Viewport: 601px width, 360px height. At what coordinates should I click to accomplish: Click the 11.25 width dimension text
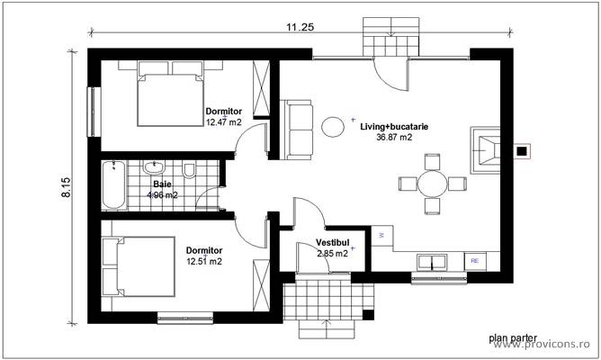(300, 27)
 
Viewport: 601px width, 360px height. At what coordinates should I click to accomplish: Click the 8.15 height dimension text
(67, 186)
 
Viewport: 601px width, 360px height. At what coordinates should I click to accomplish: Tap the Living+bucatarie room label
(394, 127)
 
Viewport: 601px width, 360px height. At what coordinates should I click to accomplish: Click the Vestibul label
(331, 243)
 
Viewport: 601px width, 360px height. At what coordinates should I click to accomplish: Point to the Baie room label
(162, 183)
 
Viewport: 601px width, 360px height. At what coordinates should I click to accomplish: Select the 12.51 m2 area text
(203, 261)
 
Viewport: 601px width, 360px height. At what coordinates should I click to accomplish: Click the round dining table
(433, 184)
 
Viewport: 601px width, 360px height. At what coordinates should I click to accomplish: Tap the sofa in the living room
(298, 130)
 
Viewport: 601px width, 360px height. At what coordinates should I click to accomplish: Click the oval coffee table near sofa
(333, 126)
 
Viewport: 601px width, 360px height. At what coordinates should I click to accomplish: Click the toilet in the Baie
(190, 170)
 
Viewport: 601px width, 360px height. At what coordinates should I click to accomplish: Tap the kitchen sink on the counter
(434, 262)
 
